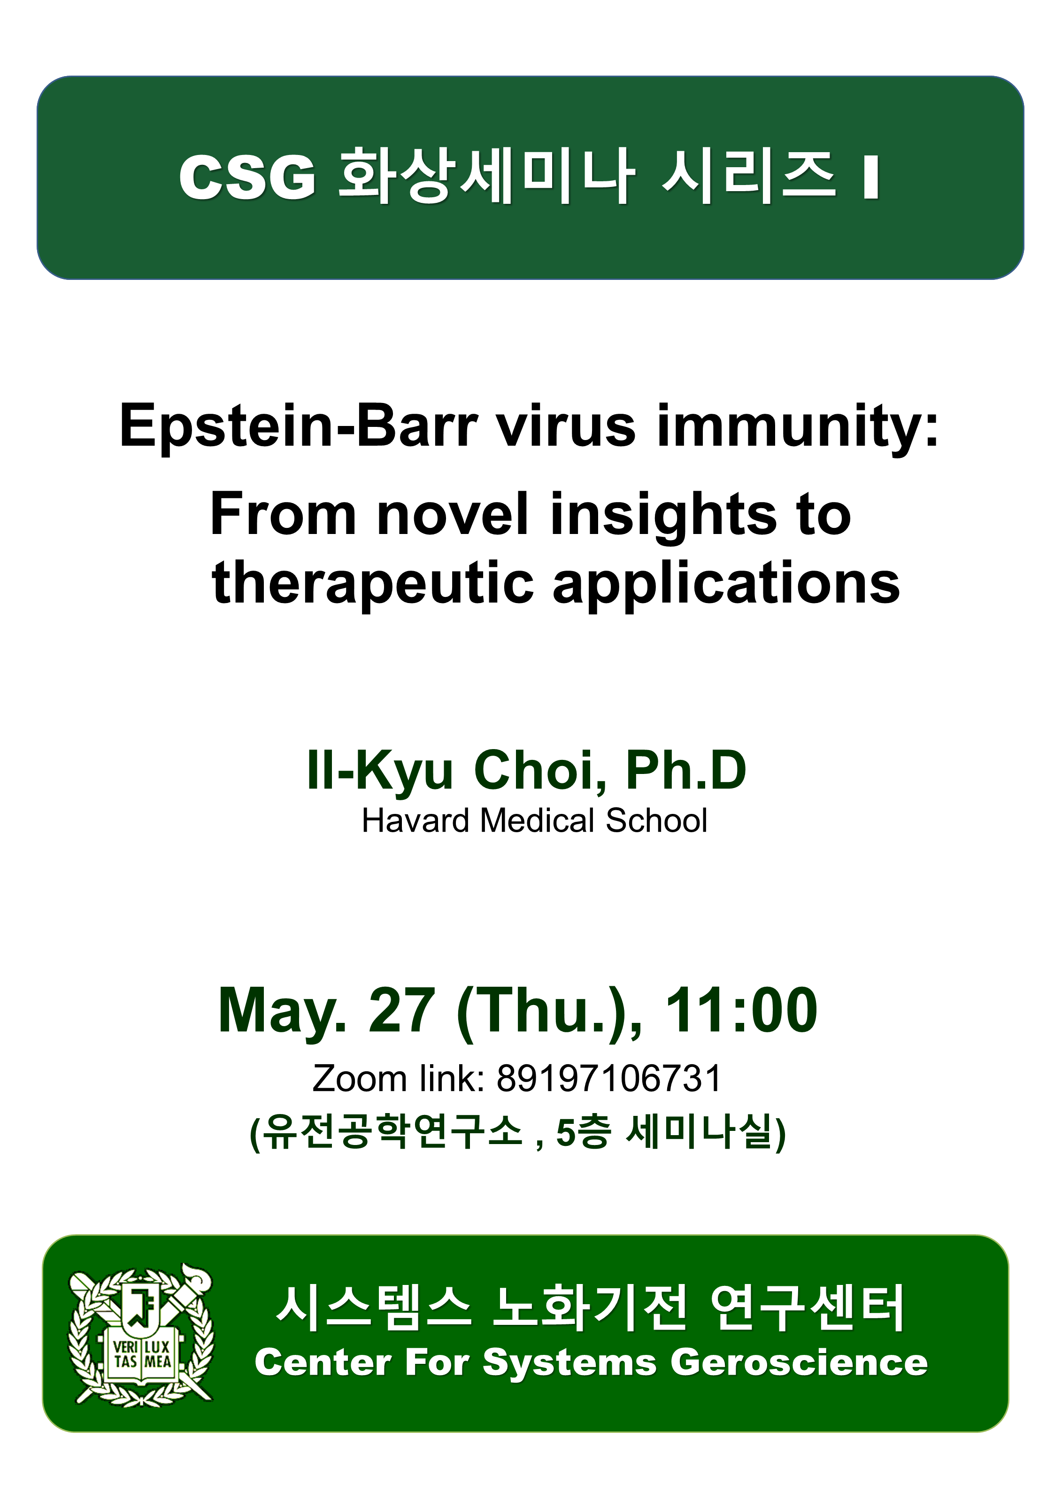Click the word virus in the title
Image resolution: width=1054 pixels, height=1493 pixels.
point(566,426)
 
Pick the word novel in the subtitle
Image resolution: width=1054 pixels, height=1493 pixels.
point(453,514)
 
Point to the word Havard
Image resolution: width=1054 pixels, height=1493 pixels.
point(415,820)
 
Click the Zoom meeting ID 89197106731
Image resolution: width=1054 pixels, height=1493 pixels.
point(609,1079)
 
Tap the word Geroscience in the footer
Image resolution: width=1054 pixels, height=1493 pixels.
point(799,1363)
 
